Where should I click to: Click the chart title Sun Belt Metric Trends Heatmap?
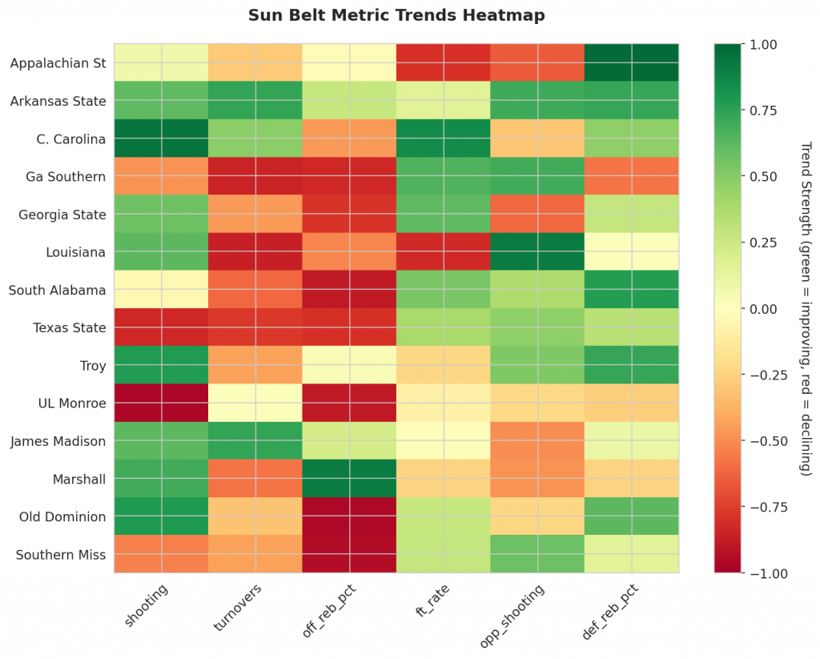click(396, 15)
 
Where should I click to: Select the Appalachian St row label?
click(58, 63)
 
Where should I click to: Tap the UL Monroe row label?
click(72, 404)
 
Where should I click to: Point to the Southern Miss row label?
click(61, 555)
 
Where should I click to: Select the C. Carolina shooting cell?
click(161, 139)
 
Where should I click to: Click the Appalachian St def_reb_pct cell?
click(632, 62)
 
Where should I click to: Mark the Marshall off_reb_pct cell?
click(349, 479)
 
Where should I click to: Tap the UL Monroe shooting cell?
click(161, 403)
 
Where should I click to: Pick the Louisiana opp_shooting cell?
click(537, 251)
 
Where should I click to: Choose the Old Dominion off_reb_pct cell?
click(349, 516)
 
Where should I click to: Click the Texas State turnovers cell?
click(255, 327)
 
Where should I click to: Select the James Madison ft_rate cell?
click(444, 440)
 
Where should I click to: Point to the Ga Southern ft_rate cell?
click(444, 176)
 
